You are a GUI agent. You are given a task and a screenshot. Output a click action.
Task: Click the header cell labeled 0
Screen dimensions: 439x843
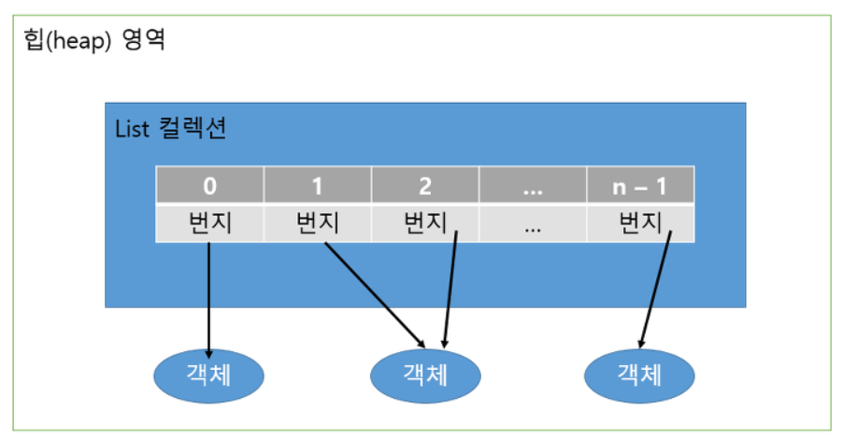coord(209,186)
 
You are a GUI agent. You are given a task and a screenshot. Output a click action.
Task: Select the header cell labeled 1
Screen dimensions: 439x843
coord(317,186)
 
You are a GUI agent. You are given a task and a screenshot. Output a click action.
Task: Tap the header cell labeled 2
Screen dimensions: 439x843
coord(425,186)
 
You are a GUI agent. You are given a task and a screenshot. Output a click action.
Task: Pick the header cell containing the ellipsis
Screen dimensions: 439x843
coord(533,186)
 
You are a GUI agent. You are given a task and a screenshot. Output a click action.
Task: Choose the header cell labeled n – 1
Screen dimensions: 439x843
coord(639,186)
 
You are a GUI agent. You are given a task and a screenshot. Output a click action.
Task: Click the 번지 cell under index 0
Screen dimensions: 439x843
coord(209,223)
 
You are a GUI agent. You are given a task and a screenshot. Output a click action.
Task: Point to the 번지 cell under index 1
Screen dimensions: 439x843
coord(317,223)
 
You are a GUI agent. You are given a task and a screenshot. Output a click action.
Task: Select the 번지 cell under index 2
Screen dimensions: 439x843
coord(425,223)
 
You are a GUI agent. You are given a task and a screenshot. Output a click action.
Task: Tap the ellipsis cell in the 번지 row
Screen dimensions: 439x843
coord(533,224)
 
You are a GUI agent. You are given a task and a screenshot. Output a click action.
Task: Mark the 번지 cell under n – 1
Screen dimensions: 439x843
coord(639,223)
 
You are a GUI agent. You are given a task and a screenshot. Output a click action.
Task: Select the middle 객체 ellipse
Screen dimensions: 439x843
coord(425,375)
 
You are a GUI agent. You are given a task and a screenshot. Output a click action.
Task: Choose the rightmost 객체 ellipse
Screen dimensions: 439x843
coord(639,375)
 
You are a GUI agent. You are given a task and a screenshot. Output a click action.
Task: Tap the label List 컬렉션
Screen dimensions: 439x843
coord(169,129)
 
